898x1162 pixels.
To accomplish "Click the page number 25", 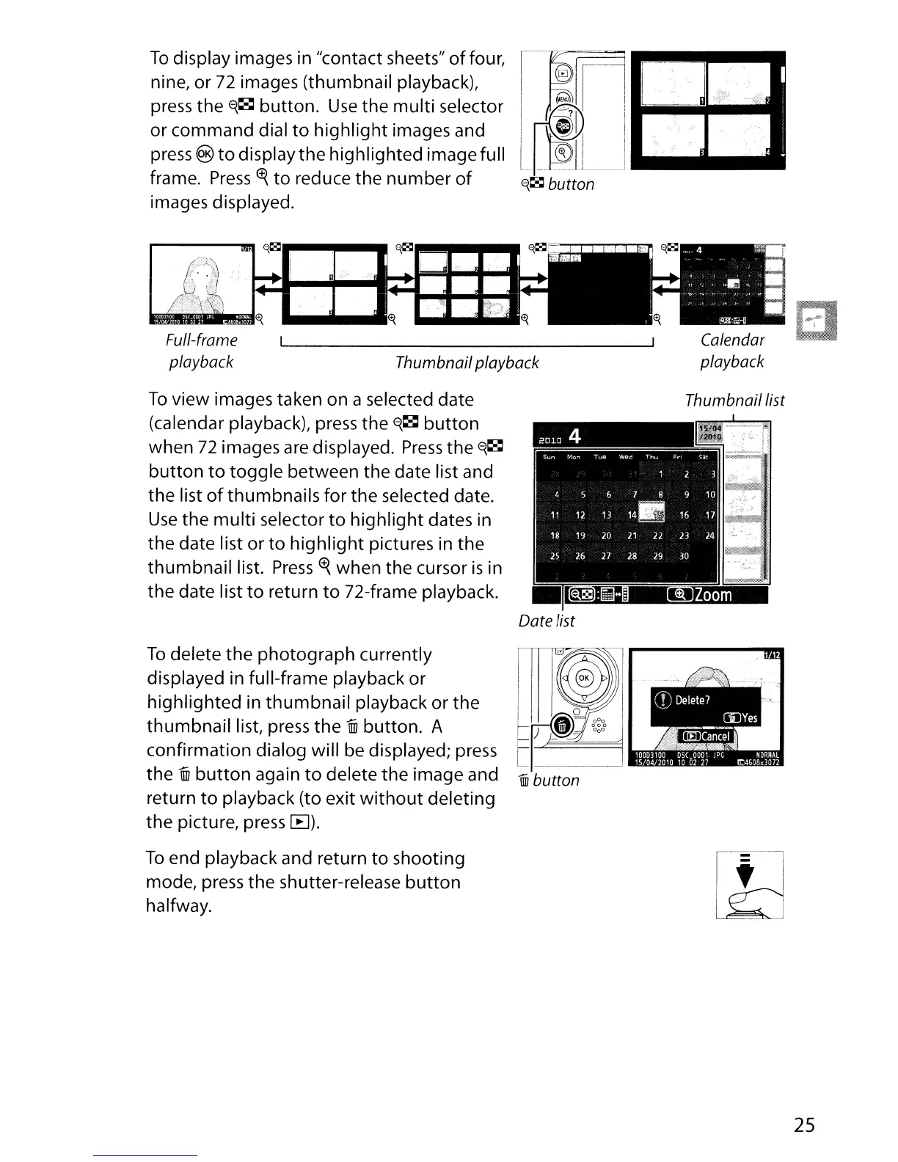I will [x=804, y=1125].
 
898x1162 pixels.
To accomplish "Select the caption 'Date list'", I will [x=546, y=621].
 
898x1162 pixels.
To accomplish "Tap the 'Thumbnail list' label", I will [x=734, y=401].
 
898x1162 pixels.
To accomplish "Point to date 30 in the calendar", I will [x=684, y=556].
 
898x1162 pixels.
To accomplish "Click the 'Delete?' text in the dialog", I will [x=692, y=700].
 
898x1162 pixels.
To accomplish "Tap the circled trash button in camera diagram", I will [x=562, y=726].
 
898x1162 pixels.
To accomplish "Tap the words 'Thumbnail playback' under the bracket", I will [x=467, y=362].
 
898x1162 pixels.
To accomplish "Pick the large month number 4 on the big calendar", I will [x=574, y=436].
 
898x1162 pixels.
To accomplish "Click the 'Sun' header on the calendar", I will [x=550, y=456].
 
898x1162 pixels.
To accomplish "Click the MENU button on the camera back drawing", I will [x=563, y=99].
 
